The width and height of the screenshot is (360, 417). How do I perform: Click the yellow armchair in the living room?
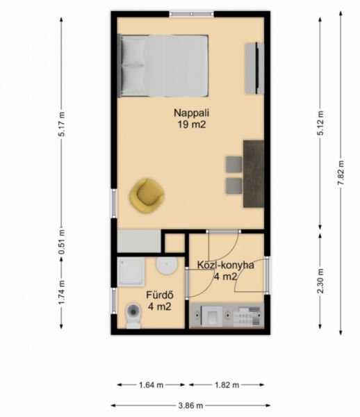(x=147, y=196)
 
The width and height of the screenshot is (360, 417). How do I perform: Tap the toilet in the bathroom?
(x=133, y=315)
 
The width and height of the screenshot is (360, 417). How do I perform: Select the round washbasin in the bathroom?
(x=167, y=265)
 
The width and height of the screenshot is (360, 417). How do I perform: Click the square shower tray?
(x=131, y=271)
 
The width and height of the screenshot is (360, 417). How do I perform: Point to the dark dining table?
(x=254, y=174)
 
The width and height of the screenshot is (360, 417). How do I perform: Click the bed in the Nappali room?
(x=163, y=66)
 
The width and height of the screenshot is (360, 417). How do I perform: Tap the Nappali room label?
(x=191, y=113)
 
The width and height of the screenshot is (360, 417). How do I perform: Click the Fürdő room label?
(x=160, y=295)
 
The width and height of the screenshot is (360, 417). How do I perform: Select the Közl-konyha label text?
(x=225, y=265)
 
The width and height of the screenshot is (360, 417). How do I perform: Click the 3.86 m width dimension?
(x=190, y=406)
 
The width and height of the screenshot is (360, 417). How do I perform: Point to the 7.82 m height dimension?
(x=341, y=173)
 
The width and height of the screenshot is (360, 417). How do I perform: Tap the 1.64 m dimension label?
(x=151, y=384)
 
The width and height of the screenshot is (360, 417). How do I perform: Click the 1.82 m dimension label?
(x=227, y=384)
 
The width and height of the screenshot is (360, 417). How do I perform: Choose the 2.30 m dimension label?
(x=320, y=281)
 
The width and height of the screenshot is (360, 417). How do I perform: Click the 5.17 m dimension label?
(x=61, y=124)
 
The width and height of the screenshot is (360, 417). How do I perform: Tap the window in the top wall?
(x=192, y=14)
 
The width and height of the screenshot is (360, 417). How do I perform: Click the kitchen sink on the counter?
(x=211, y=316)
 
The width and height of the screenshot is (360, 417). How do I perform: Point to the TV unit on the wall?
(x=254, y=68)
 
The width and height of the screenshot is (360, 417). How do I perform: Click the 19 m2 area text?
(x=191, y=124)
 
